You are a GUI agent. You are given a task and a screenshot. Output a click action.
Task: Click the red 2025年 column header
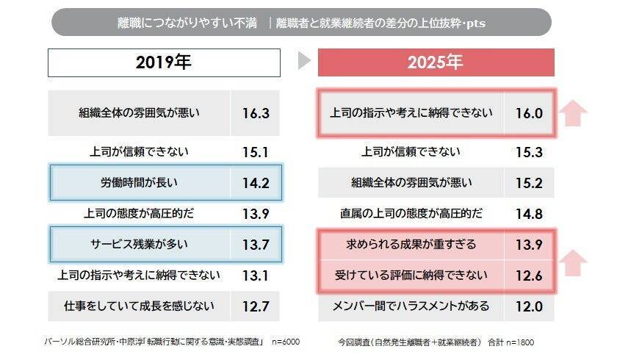436,62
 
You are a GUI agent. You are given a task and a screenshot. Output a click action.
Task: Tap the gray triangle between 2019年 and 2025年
305,62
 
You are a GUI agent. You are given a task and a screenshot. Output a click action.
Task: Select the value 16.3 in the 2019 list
256,113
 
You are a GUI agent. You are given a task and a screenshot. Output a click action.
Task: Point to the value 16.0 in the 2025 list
528,113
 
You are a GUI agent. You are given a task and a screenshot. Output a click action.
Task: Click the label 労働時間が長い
140,182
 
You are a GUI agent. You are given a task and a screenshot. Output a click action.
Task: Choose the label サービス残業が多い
140,244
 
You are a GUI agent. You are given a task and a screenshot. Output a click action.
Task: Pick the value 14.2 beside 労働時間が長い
256,182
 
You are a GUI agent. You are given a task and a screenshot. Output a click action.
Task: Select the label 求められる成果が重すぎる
411,243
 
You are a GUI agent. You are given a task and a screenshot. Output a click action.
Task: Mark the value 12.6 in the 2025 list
528,276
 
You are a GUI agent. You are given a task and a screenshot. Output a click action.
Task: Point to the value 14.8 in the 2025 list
528,214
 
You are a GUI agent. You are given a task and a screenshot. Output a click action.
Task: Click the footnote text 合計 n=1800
511,342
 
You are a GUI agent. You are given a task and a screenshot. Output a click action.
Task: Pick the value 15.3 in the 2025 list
528,152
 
